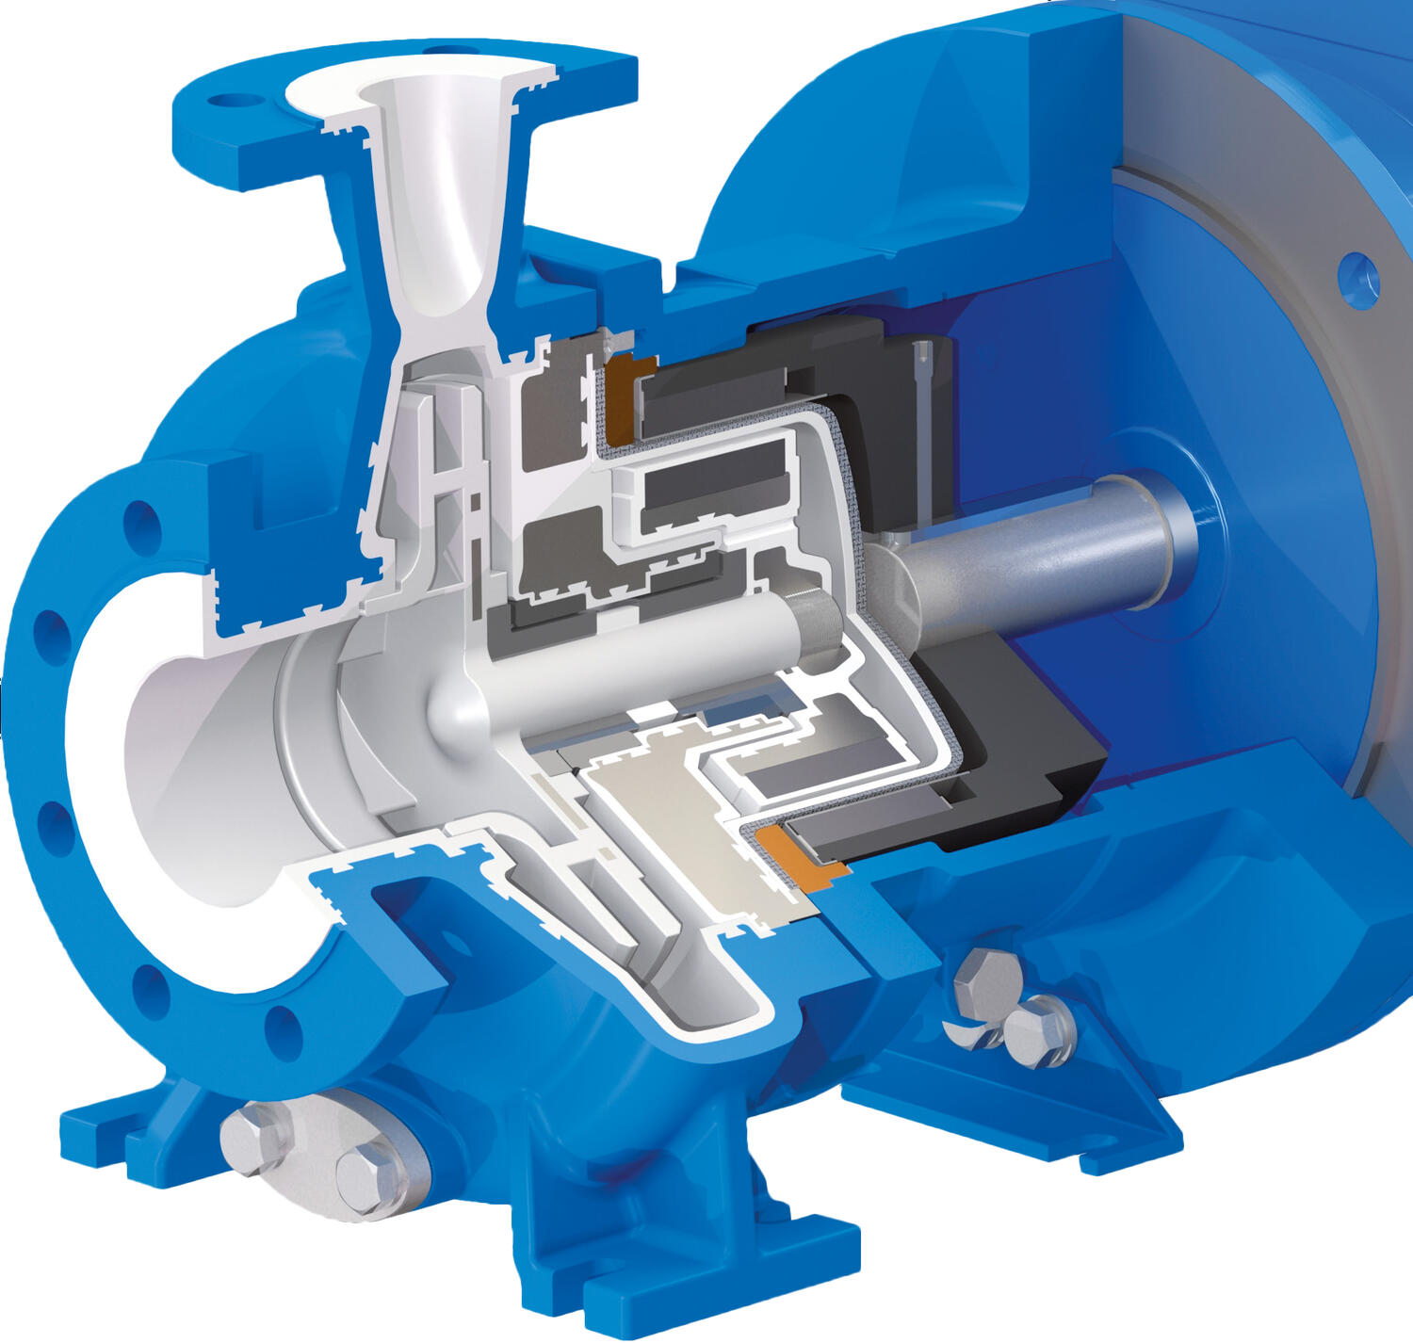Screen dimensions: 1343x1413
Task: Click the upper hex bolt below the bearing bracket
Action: (985, 980)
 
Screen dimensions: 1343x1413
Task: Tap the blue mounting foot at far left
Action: (104, 1135)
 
